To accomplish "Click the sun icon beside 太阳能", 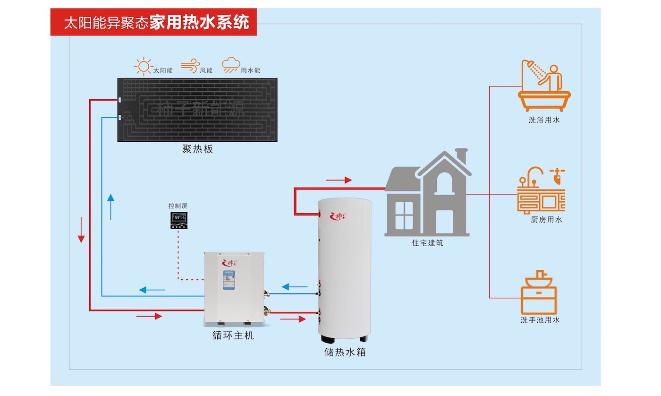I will (x=143, y=66).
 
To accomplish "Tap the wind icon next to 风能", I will (x=190, y=66).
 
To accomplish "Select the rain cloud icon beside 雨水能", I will (x=231, y=65).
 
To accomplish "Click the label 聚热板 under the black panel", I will (x=198, y=149).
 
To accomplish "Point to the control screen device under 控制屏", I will (x=178, y=220).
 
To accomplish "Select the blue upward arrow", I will (x=110, y=206).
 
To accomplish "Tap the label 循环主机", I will (x=233, y=336).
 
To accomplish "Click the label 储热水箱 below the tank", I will (x=345, y=352).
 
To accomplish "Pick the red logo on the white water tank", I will (x=339, y=216).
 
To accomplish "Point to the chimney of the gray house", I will (x=461, y=155).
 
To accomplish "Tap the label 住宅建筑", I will (x=427, y=243).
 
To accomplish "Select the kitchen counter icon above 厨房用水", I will (x=542, y=190).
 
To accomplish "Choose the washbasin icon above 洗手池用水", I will (x=539, y=293).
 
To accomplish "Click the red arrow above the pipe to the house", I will (x=339, y=180).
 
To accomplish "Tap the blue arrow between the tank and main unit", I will (x=294, y=286).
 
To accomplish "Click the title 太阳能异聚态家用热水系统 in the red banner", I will (x=156, y=23).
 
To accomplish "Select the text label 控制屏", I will (x=178, y=206).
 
